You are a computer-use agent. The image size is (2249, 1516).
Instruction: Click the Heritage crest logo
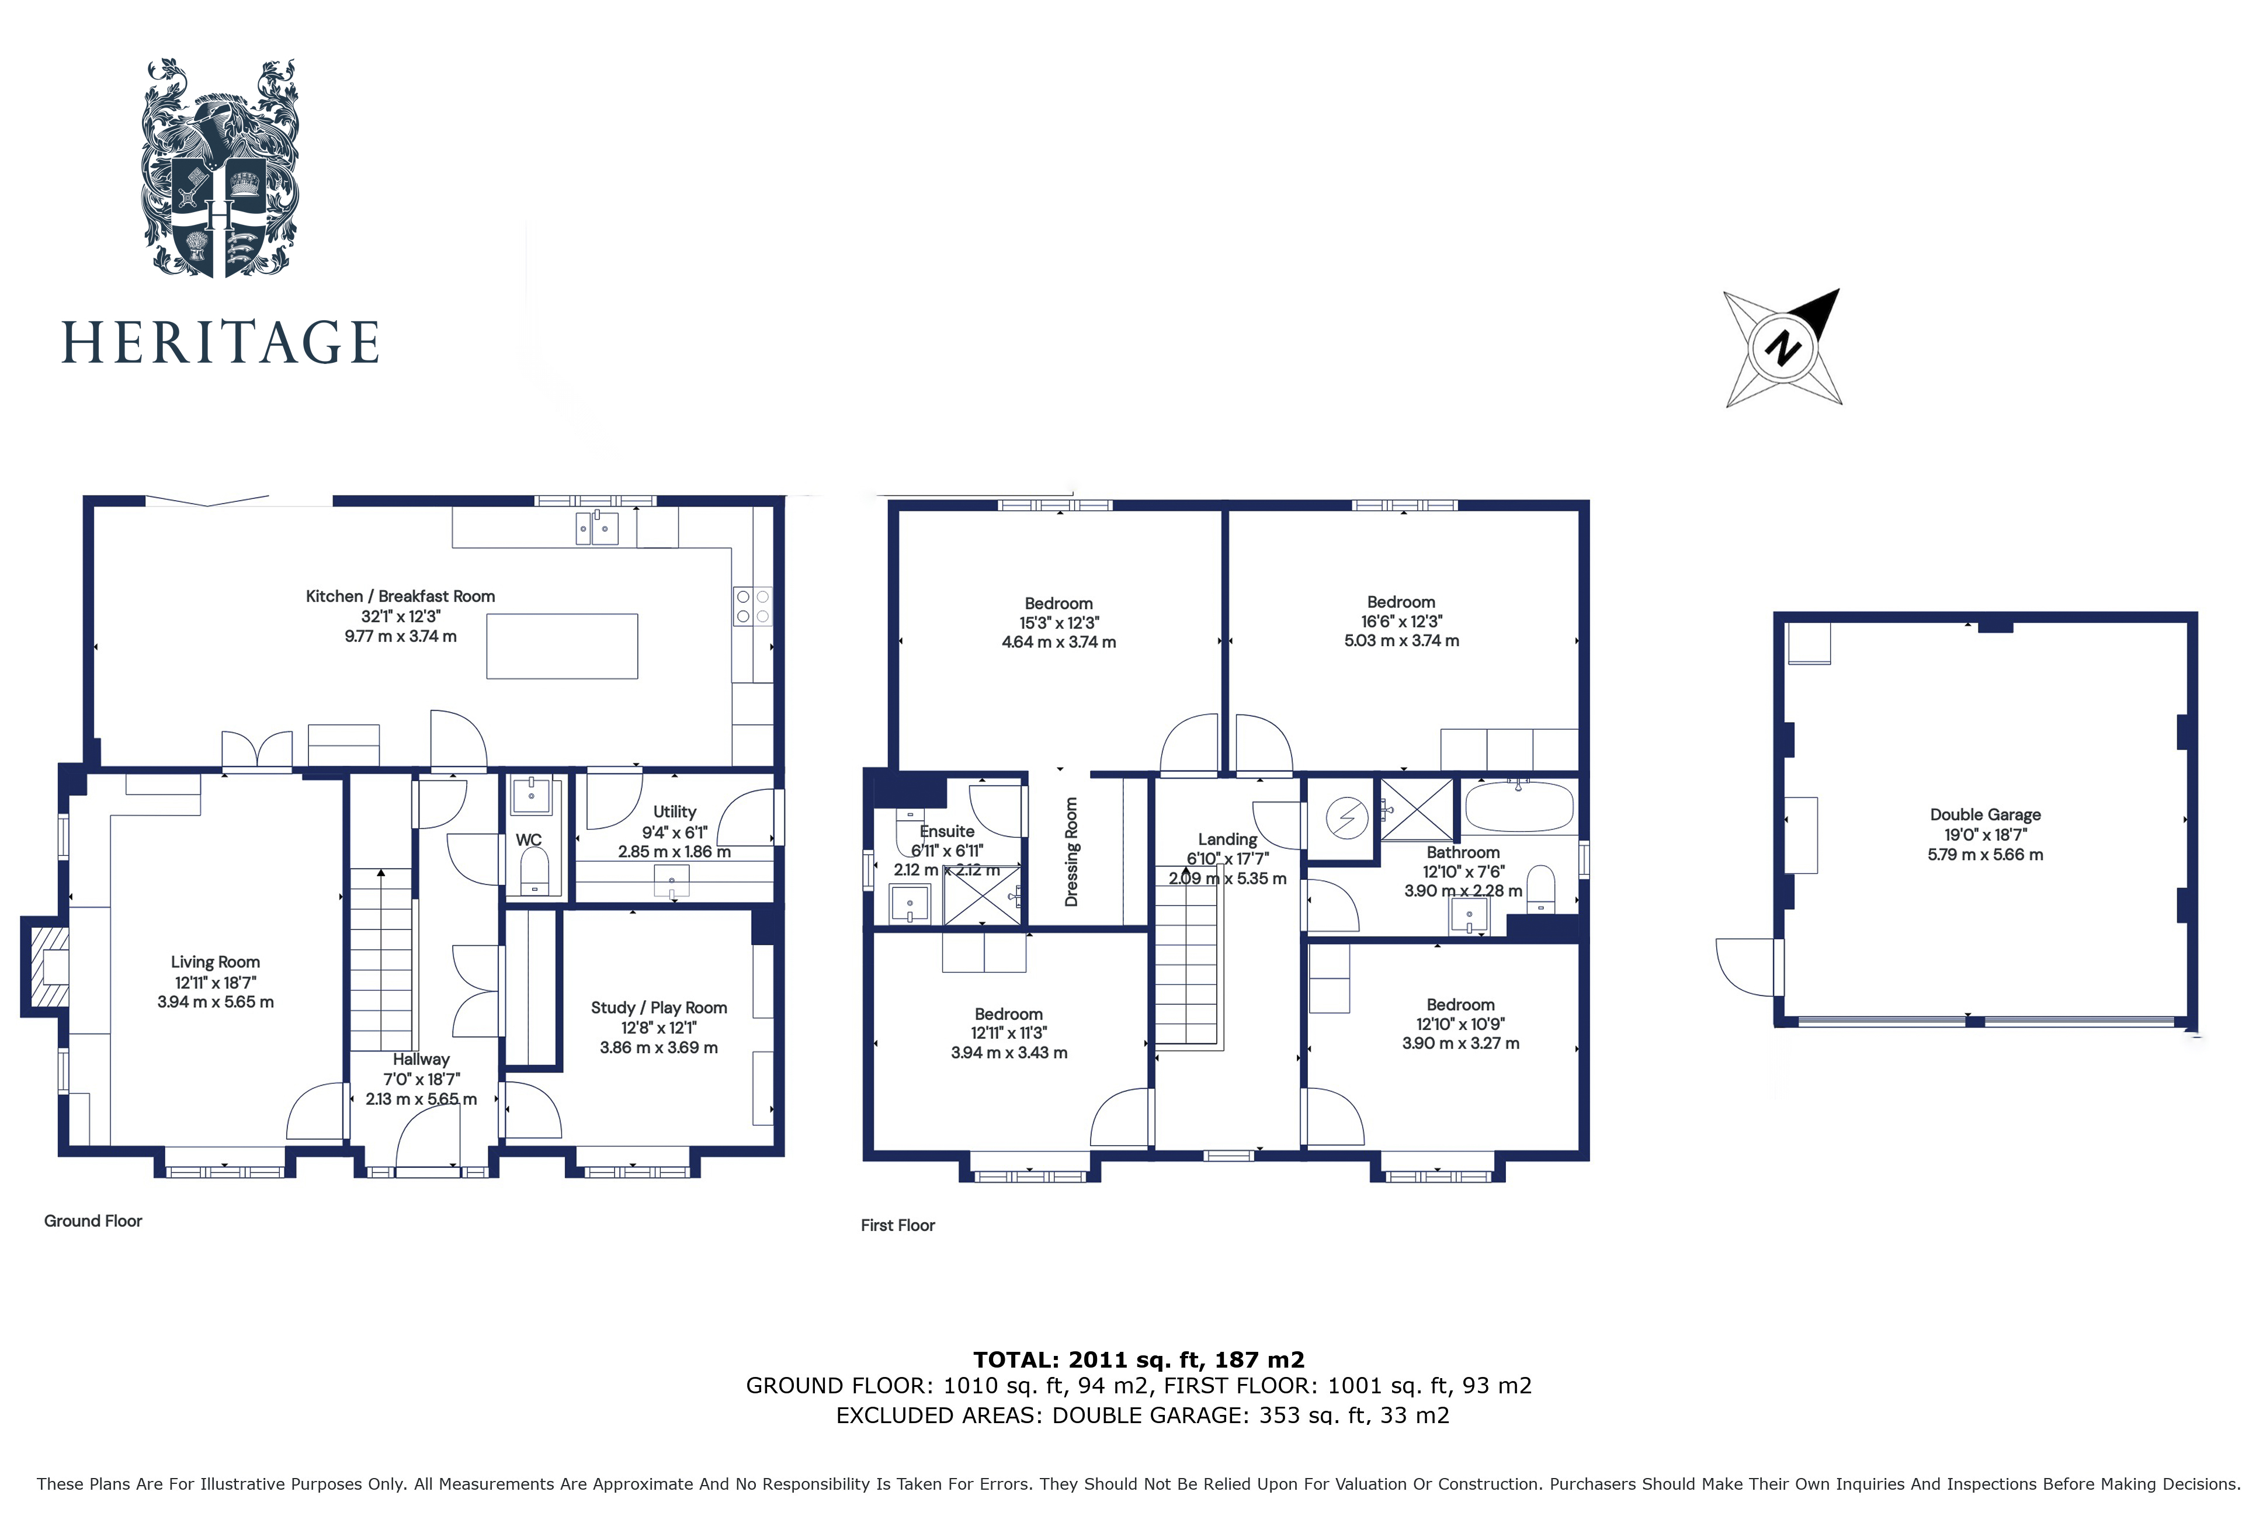[220, 169]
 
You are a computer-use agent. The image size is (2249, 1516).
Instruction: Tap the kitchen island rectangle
[561, 646]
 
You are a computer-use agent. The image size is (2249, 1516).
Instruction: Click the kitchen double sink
[596, 528]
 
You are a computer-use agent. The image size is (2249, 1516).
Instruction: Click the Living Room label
[214, 962]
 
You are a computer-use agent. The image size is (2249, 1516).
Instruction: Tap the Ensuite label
[946, 831]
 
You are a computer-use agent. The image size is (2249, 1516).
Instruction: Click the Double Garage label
[1985, 815]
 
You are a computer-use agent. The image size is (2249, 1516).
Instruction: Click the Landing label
[1227, 839]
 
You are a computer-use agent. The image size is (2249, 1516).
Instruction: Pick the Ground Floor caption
[93, 1221]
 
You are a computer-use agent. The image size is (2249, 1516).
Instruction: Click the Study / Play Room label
[658, 1007]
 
